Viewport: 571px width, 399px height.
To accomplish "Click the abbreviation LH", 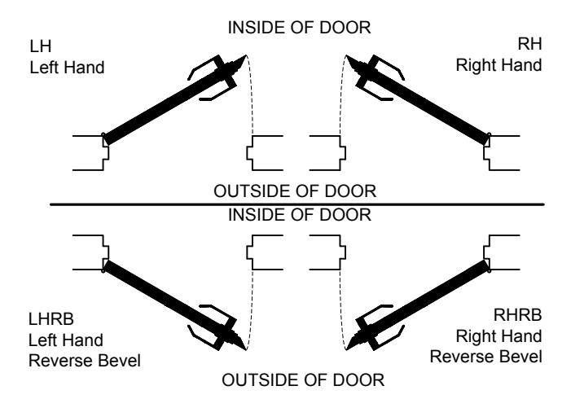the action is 41,46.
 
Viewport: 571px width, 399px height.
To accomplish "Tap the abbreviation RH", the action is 529,44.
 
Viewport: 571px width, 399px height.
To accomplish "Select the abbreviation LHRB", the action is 51,319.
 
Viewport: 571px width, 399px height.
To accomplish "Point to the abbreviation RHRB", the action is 517,315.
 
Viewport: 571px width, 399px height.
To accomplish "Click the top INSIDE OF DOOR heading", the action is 299,28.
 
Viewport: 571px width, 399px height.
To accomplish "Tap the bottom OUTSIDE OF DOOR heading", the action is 303,380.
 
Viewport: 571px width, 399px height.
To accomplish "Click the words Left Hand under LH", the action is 67,68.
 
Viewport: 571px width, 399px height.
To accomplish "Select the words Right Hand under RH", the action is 499,65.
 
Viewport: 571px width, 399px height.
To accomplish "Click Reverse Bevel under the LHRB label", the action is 85,361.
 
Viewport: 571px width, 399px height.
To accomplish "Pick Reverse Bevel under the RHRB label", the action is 486,357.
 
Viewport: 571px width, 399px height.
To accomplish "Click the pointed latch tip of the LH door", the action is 246,55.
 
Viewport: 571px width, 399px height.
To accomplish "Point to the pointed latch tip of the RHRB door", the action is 347,349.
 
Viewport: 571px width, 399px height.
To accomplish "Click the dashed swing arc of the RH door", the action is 341,94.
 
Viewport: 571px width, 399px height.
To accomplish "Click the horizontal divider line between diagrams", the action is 297,204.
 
